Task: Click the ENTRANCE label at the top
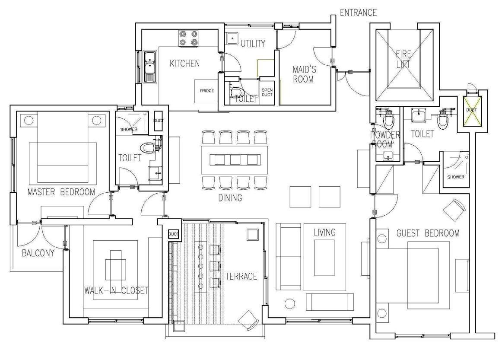358,13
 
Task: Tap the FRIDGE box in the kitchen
207,91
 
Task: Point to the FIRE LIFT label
404,59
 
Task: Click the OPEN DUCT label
267,92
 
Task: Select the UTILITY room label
253,44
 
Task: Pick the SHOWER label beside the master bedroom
129,129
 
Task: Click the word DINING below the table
230,198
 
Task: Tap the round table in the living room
290,303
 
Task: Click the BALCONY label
38,253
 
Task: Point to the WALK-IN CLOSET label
116,290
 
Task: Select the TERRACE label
241,276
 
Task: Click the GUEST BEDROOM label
428,233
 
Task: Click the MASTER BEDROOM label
61,192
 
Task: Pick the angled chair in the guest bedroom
454,210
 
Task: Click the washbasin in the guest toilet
419,115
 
